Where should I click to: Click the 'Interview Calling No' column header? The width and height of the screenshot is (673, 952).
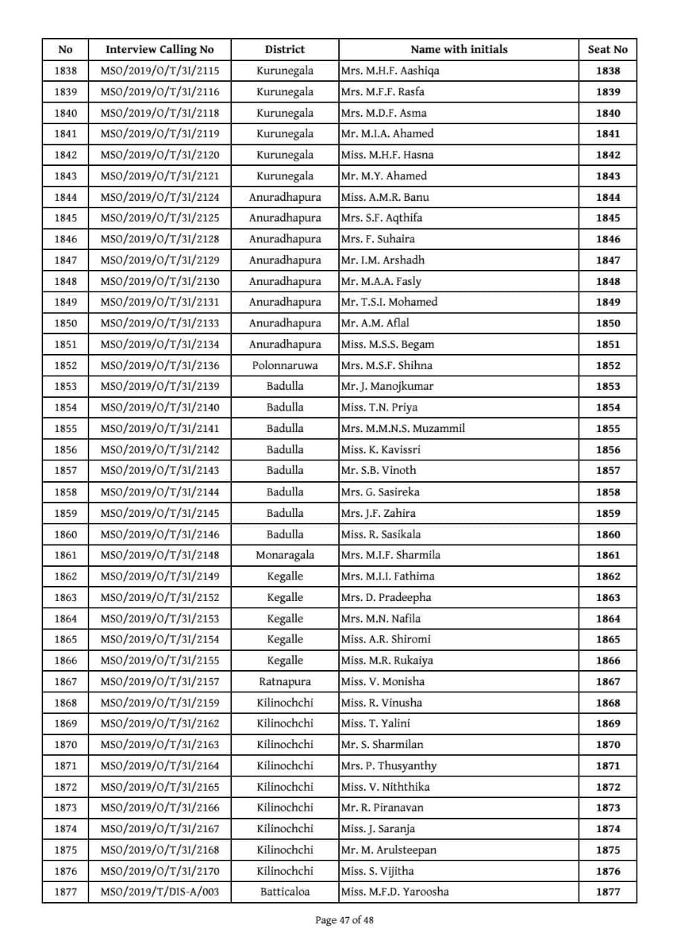[x=159, y=50]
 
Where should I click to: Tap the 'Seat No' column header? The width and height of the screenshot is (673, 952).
[x=607, y=50]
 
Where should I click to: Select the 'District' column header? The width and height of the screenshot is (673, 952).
[x=285, y=50]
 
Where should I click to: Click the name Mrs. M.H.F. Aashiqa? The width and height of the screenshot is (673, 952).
[x=395, y=71]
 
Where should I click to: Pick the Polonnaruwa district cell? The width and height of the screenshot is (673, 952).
[x=285, y=365]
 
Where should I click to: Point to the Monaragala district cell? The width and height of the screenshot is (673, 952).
[x=285, y=555]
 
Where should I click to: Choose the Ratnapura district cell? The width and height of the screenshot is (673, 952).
[x=285, y=681]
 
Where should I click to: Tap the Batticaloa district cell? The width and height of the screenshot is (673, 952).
[x=285, y=892]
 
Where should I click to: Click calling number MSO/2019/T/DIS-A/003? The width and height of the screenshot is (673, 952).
[x=159, y=892]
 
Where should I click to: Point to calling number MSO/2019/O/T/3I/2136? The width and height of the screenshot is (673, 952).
[x=159, y=365]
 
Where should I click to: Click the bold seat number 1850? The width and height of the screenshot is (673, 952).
[x=607, y=323]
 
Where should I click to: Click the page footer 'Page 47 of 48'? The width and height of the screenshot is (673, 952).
[x=344, y=920]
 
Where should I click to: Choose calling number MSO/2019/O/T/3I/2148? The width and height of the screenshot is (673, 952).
[x=159, y=555]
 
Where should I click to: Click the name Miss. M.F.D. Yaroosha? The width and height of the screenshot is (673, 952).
[x=395, y=892]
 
